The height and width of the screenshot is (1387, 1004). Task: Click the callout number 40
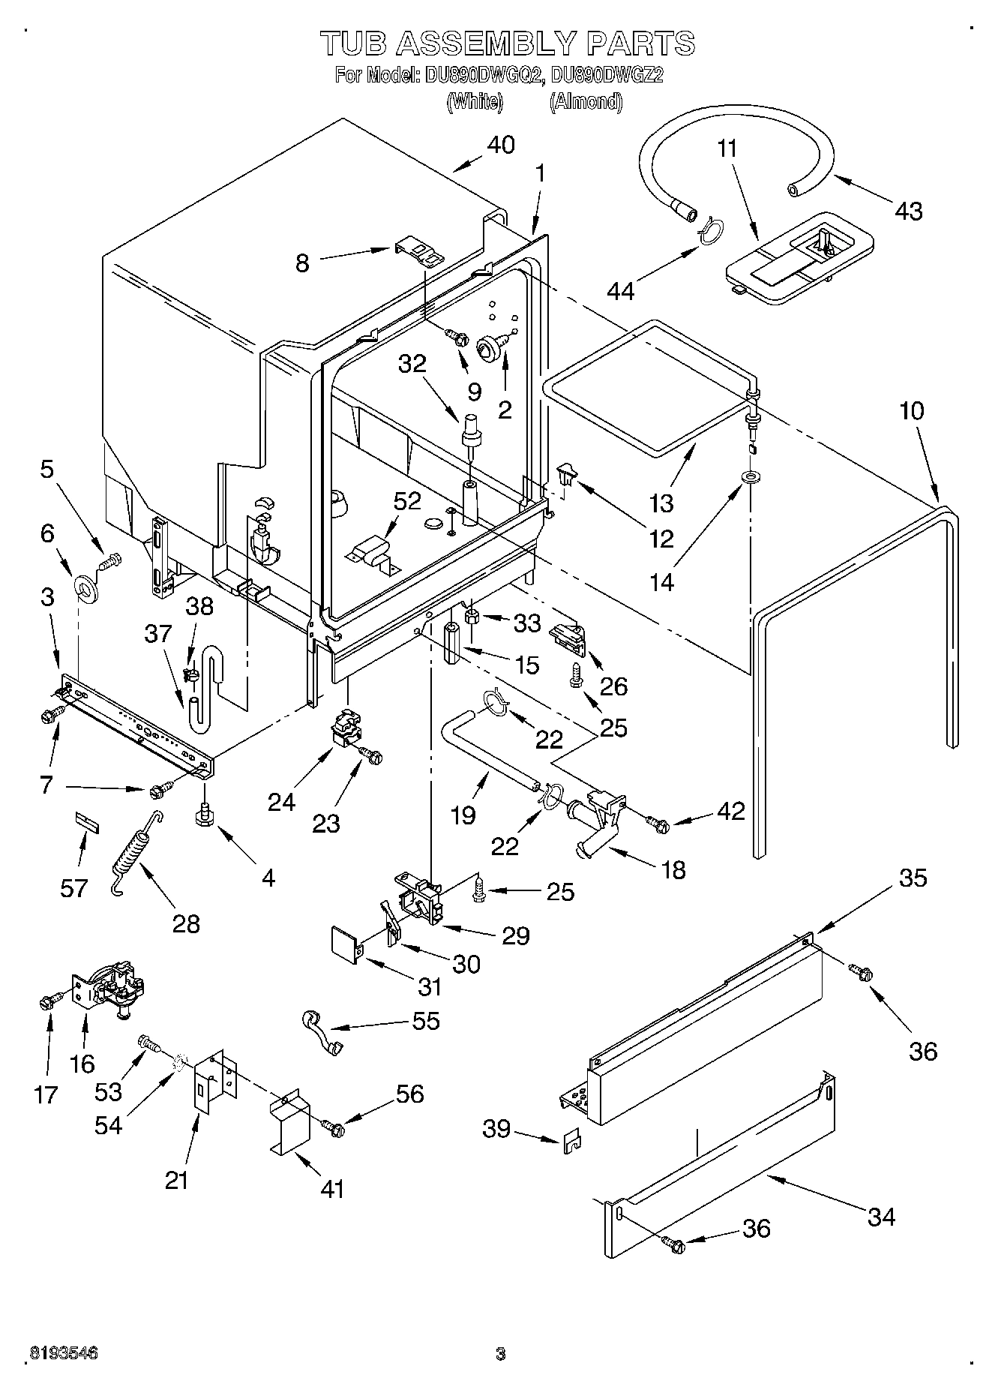pyautogui.click(x=501, y=144)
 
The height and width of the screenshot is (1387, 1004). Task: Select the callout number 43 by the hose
pyautogui.click(x=908, y=211)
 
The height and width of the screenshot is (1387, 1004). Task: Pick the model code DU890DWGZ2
pyautogui.click(x=607, y=75)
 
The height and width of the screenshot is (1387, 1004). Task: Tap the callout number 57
pyautogui.click(x=73, y=888)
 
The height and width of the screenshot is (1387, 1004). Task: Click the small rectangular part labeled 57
pyautogui.click(x=86, y=820)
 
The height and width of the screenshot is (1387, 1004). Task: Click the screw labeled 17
pyautogui.click(x=46, y=1001)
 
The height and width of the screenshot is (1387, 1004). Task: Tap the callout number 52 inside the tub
pyautogui.click(x=407, y=501)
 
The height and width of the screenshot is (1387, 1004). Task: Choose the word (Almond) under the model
pyautogui.click(x=586, y=101)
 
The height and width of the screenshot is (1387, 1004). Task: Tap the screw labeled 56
pyautogui.click(x=332, y=1125)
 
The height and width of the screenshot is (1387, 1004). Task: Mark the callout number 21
pyautogui.click(x=176, y=1180)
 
